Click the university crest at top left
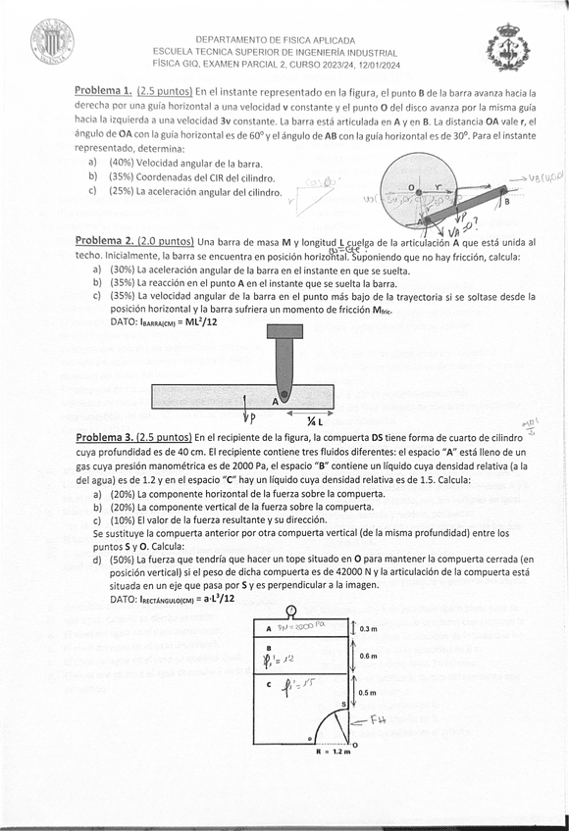click(51, 42)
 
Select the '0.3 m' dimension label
click(369, 628)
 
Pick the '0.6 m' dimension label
click(369, 657)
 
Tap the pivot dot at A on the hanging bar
click(284, 395)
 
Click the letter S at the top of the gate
click(342, 704)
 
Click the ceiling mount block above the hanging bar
click(284, 330)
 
